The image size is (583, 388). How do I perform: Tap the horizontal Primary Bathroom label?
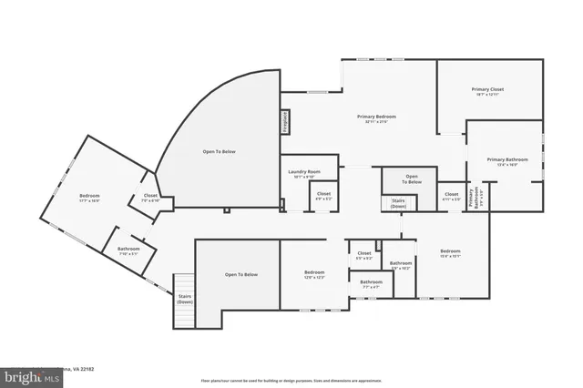(x=501, y=161)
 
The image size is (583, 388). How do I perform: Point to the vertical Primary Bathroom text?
(x=472, y=197)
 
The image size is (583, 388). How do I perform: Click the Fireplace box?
(x=284, y=123)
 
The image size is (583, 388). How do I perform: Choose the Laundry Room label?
(x=301, y=174)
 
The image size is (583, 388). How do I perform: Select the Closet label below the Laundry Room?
(x=323, y=196)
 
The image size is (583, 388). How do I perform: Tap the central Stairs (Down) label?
(x=398, y=202)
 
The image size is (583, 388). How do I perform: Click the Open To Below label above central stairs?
(x=412, y=179)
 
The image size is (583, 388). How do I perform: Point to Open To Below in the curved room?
(x=219, y=151)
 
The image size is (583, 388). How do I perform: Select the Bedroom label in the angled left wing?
(x=89, y=198)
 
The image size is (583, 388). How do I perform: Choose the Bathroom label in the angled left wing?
(x=128, y=250)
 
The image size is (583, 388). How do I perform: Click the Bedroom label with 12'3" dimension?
(x=314, y=274)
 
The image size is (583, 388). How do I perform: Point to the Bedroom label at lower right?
(x=451, y=253)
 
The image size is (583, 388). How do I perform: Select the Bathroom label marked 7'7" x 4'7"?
(x=371, y=284)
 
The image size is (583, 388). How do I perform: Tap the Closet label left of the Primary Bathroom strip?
(x=452, y=196)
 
